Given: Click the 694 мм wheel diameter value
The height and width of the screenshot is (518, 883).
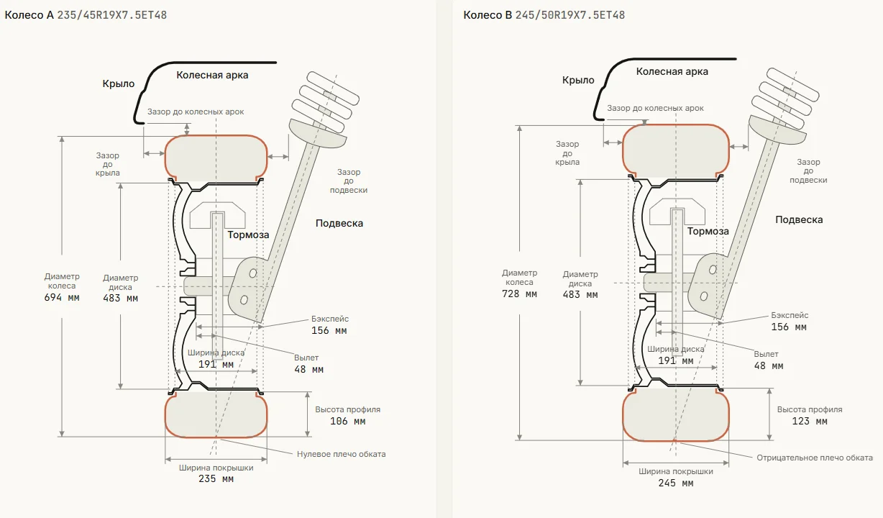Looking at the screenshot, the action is click(62, 297).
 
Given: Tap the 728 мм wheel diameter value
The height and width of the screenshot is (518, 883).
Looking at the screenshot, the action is click(520, 294).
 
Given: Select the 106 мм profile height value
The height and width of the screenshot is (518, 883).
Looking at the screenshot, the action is click(348, 422).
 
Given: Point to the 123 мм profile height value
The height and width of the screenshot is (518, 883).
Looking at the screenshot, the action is click(810, 422).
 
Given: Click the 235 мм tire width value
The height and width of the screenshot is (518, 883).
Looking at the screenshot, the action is click(216, 479).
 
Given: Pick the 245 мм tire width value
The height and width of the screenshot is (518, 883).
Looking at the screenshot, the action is click(676, 483).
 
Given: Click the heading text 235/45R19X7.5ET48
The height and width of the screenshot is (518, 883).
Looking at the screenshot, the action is click(112, 15).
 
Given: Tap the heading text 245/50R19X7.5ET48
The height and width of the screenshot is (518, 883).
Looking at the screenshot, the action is click(570, 15).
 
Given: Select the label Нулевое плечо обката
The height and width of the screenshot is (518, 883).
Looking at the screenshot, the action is click(342, 454).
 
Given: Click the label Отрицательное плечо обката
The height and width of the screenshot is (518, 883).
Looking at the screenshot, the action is click(815, 458).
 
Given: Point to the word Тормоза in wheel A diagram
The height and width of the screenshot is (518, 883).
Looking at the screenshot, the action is click(248, 235).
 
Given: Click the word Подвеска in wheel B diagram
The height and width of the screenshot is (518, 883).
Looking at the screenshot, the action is click(799, 219).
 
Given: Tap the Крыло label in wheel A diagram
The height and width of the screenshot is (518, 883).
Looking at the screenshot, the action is click(118, 83).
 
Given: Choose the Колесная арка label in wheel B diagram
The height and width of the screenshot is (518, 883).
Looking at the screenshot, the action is click(672, 71).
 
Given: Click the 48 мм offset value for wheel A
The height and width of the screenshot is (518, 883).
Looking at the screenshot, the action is click(308, 370).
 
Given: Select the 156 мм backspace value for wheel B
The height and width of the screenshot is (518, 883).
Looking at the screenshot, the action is click(789, 327).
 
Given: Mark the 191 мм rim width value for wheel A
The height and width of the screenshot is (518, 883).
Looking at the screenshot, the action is click(216, 364).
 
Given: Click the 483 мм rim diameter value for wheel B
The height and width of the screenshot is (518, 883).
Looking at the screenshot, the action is click(580, 295).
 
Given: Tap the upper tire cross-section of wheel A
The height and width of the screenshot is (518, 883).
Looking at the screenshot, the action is click(216, 158).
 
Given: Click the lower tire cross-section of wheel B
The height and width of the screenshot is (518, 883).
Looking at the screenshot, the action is click(676, 415).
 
